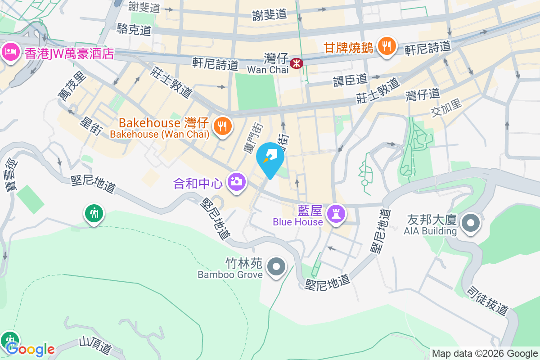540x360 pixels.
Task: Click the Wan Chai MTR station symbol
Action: (297, 63)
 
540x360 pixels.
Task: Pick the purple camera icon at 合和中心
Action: (237, 182)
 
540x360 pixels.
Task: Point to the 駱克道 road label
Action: (134, 30)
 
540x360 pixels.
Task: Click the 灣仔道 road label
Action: (422, 94)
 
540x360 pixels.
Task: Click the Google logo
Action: (30, 349)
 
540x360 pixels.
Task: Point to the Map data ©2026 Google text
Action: (485, 353)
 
